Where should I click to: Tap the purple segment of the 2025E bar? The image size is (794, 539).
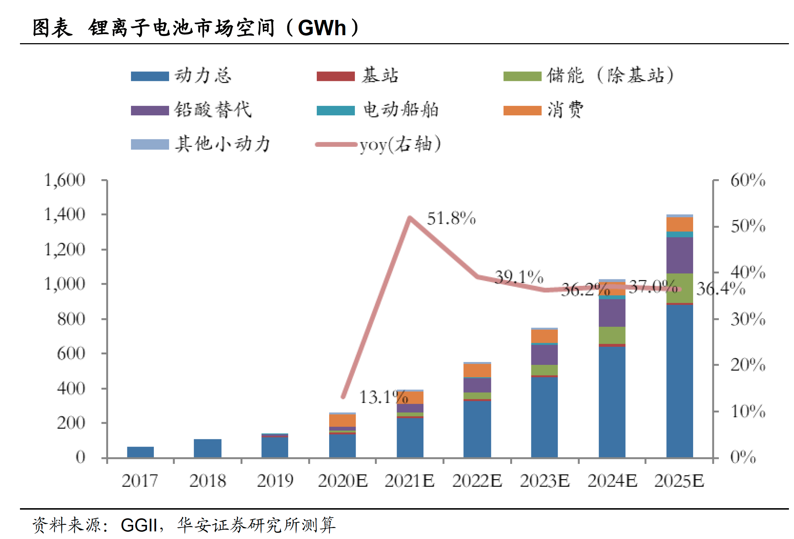(x=679, y=255)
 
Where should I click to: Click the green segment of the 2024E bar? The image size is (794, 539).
(x=612, y=335)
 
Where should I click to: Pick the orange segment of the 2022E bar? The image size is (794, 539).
(x=477, y=370)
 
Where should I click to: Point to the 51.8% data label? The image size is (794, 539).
(x=451, y=219)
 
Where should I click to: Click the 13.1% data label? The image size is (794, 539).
(x=383, y=397)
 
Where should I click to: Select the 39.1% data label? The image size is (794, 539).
(x=519, y=277)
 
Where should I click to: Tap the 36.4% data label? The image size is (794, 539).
(x=720, y=289)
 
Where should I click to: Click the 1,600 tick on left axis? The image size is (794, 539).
(x=65, y=180)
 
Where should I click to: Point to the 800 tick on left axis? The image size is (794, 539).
(x=71, y=319)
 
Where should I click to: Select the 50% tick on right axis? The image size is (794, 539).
(x=748, y=226)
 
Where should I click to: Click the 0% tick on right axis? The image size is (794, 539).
(x=742, y=457)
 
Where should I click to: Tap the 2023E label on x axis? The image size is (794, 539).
(x=544, y=481)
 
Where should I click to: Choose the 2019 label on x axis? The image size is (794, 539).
(x=275, y=481)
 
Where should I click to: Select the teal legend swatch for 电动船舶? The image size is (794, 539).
(x=335, y=110)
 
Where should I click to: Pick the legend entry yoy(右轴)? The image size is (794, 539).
(x=399, y=144)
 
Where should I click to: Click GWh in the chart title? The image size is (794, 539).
(x=322, y=28)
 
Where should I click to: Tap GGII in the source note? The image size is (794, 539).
(x=139, y=525)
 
